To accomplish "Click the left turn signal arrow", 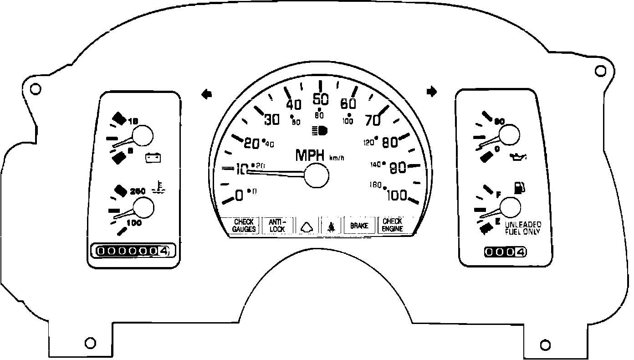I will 207,94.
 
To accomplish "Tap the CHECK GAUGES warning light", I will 244,226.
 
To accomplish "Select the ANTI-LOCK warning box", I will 277,226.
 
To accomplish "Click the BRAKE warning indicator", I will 359,226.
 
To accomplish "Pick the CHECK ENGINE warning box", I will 392,225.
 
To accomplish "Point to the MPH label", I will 310,155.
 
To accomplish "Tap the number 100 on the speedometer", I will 396,196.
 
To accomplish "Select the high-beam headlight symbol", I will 320,131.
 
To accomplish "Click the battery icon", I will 153,158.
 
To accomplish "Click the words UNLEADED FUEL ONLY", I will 522,228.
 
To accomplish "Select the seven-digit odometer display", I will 132,251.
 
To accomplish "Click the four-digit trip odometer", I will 506,252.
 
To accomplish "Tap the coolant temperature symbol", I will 158,187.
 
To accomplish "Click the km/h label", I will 337,158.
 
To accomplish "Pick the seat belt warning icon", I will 331,226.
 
